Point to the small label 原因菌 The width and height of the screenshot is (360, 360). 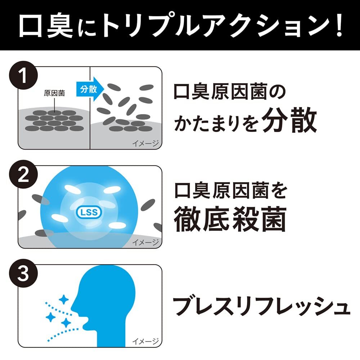click(54, 93)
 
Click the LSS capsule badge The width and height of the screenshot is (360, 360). click(89, 213)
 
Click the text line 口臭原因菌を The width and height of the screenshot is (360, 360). click(230, 192)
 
